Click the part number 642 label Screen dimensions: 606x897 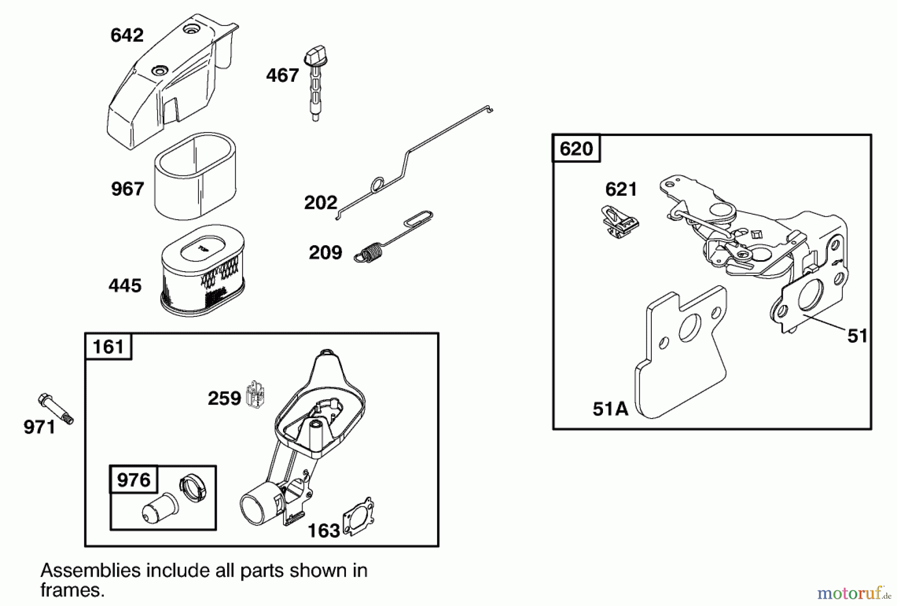click(x=127, y=35)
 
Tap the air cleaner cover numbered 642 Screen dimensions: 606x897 click(x=164, y=85)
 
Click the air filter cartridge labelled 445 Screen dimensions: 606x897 click(x=202, y=272)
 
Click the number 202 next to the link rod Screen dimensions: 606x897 click(x=320, y=203)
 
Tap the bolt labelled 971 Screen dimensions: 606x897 click(x=55, y=409)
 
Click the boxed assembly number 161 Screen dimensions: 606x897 click(x=108, y=346)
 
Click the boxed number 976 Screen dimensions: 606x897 click(x=134, y=480)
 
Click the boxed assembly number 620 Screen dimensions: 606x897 click(x=576, y=149)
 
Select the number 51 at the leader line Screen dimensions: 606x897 click(x=857, y=336)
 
